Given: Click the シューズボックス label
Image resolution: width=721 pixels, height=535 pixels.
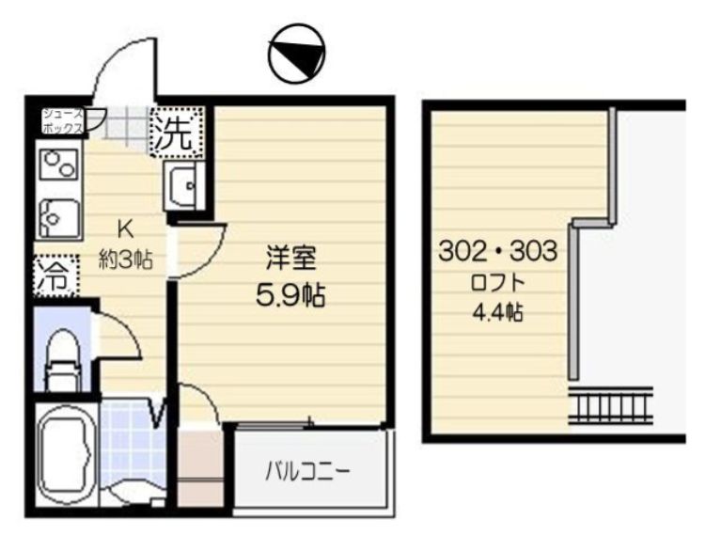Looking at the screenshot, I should pyautogui.click(x=62, y=120).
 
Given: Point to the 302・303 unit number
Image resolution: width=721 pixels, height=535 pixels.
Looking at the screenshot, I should pyautogui.click(x=498, y=252).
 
